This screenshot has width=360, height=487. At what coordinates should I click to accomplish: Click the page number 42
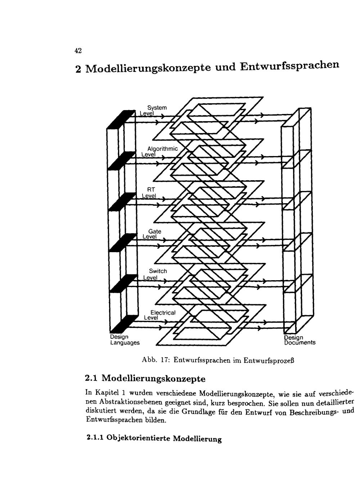point(78,51)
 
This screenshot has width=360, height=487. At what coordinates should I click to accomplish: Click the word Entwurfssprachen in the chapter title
point(289,66)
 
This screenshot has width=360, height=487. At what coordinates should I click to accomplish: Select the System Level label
point(155,110)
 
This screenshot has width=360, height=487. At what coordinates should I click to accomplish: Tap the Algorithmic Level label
point(160,151)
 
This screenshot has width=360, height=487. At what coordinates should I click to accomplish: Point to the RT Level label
point(149,192)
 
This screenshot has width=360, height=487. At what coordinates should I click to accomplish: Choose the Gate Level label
point(152,234)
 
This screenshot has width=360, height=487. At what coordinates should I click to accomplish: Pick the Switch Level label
point(155,274)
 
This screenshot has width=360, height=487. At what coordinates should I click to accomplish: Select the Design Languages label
point(125,340)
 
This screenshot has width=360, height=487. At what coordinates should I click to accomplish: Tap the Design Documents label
point(299,340)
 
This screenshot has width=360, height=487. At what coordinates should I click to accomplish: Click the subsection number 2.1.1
point(95,438)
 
